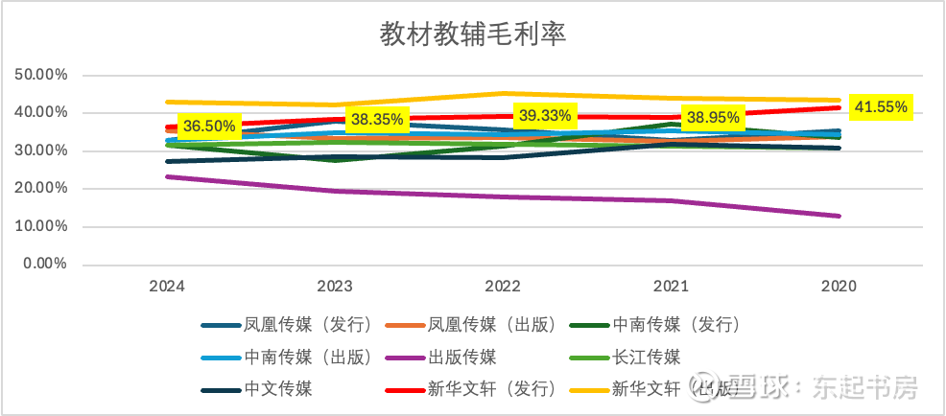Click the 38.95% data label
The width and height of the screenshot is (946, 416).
[711, 118]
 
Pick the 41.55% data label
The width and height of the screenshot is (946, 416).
[880, 106]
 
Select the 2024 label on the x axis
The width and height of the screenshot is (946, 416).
[167, 286]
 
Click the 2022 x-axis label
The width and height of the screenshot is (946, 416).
[503, 286]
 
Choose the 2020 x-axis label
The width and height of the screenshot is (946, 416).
[838, 286]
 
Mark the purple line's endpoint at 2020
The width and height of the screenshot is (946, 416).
[840, 216]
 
